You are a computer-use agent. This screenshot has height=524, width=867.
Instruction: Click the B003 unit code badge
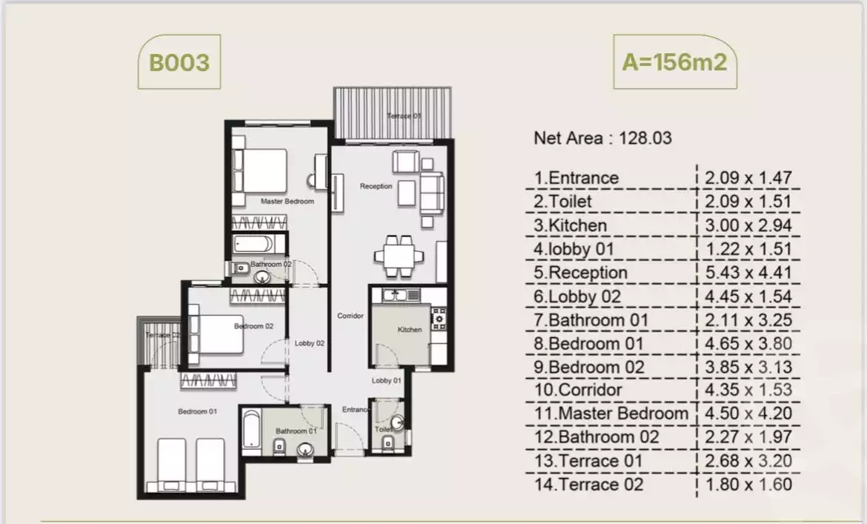click(x=179, y=62)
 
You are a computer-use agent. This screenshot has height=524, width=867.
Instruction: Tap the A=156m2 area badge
click(x=674, y=62)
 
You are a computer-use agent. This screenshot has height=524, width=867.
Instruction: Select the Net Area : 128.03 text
click(x=602, y=138)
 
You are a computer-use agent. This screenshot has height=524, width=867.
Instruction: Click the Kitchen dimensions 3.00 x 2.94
click(x=748, y=225)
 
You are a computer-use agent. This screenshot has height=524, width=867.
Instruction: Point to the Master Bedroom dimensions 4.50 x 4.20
click(x=748, y=414)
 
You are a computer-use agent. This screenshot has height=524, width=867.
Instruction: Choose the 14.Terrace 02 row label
click(x=588, y=485)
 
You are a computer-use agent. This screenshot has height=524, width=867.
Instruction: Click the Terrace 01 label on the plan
click(x=404, y=116)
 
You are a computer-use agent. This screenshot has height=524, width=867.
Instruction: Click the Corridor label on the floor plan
click(x=351, y=316)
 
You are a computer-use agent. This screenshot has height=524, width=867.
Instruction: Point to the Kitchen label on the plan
click(x=409, y=330)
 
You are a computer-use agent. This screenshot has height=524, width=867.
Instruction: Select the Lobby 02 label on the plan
click(x=309, y=343)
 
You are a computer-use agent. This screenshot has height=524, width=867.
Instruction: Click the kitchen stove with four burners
click(x=439, y=318)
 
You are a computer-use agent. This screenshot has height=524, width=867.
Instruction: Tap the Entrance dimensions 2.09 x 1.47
click(x=748, y=178)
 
